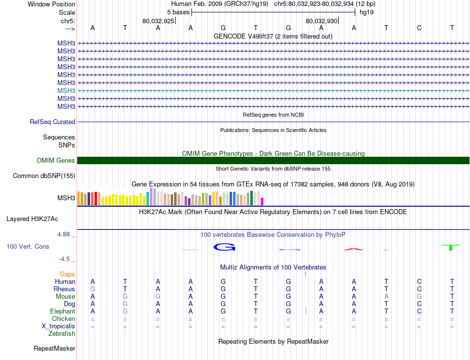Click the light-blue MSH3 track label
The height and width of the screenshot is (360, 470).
click(x=66, y=90)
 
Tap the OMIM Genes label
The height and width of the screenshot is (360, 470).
click(x=56, y=160)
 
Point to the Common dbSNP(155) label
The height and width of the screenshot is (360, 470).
click(x=44, y=176)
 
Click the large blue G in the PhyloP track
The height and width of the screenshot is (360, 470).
click(x=223, y=247)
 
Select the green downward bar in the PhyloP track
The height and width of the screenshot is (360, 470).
click(x=451, y=247)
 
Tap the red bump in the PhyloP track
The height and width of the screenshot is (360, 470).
click(x=353, y=249)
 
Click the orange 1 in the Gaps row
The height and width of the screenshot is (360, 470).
click(x=306, y=274)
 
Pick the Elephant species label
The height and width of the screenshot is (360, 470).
click(x=63, y=312)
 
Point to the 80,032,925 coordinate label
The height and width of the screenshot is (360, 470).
click(x=158, y=21)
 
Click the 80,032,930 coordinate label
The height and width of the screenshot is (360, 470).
click(x=322, y=21)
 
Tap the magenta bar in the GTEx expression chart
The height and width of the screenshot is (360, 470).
click(x=262, y=201)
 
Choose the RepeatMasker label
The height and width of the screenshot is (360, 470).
click(x=54, y=349)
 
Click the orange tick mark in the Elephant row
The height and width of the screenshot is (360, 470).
click(x=306, y=311)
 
